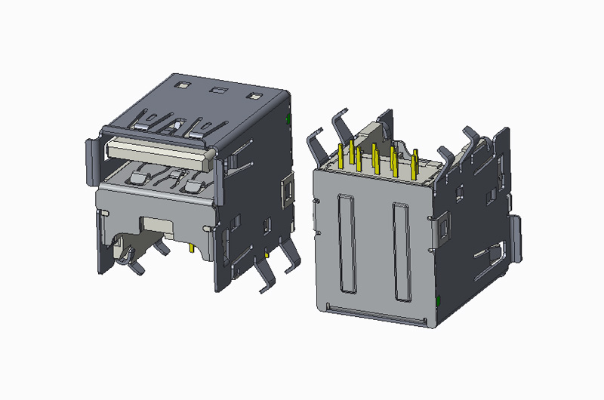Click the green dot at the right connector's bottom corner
(439, 303)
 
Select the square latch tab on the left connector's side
(287, 189)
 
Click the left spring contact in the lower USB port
(139, 179)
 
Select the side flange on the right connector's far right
(516, 239)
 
